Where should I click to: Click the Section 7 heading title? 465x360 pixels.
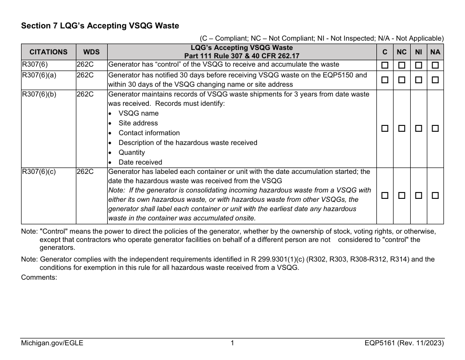100,25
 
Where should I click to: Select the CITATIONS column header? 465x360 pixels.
48,51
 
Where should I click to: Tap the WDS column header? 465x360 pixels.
91,51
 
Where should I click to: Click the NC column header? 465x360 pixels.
401,51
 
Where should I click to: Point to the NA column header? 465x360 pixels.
435,51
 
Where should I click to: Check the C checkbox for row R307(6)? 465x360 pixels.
385,65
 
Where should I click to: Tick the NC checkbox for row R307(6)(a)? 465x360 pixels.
401,80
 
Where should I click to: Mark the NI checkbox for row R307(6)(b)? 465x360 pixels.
418,128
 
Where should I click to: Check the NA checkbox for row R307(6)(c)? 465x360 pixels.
435,195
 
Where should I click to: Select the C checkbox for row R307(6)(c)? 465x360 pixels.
385,195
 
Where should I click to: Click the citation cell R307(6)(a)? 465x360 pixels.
39,75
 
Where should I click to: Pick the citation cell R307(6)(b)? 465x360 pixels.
39,94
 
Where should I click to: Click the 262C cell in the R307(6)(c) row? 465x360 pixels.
85,172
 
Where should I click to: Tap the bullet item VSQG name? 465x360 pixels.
139,113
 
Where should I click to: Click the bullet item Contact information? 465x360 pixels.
149,133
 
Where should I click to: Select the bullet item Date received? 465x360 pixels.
140,162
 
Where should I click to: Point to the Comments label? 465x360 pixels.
39,277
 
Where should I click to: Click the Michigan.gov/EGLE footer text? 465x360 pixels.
52,343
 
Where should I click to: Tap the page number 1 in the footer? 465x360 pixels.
232,343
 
